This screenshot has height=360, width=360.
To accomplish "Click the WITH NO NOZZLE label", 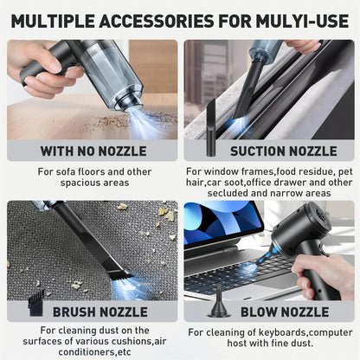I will pos(93,151).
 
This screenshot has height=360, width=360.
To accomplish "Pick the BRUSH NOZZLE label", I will pos(100,312).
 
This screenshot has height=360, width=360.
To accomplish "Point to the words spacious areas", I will pos(93,183).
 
